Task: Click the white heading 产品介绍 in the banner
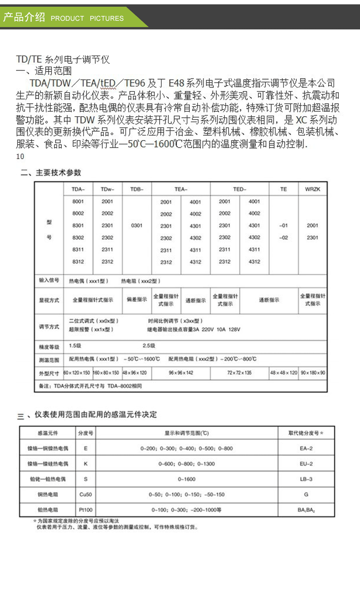pos(24,18)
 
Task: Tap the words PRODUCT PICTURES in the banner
pos(87,18)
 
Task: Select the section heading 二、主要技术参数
pos(51,173)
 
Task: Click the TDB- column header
pos(137,189)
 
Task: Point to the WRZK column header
pos(312,189)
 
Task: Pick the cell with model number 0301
pos(137,225)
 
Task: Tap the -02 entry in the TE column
pos(283,237)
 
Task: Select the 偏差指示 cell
pos(137,300)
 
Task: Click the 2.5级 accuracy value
pos(149,346)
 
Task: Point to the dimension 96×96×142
pos(181,373)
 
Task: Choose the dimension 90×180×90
pos(313,373)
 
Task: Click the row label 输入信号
pos(49,280)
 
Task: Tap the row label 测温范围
pos(49,359)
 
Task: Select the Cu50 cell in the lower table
pos(86,494)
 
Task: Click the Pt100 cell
pos(86,509)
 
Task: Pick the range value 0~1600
pos(186,479)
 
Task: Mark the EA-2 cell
pos(306,448)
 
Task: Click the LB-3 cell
pos(306,479)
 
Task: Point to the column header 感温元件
pos(47,433)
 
